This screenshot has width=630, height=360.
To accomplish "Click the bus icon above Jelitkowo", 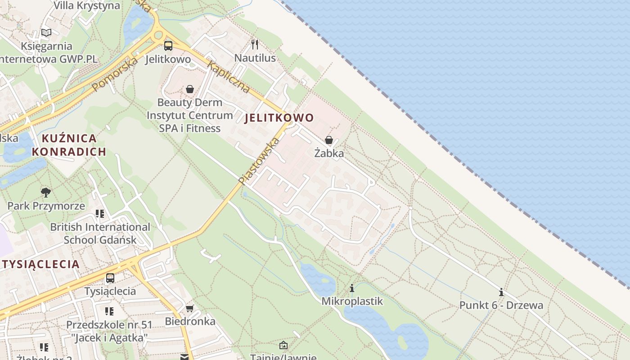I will (168, 45).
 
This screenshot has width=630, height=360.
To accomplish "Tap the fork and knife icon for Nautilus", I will (255, 44).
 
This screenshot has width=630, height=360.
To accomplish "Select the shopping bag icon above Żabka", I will (329, 140).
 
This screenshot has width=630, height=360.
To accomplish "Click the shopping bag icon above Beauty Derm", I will (190, 89).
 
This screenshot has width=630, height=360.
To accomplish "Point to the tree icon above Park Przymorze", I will (45, 193).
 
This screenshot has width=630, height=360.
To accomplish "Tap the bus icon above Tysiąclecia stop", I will (110, 278).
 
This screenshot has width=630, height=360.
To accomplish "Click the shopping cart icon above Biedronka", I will (190, 308).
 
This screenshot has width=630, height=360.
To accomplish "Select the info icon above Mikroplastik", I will (352, 288).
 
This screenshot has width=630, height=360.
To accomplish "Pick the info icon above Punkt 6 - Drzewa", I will (501, 292).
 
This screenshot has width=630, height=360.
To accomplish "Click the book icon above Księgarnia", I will (46, 32).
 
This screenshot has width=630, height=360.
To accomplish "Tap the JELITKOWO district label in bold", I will (279, 118).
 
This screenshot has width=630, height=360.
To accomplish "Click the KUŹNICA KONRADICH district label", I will (69, 145).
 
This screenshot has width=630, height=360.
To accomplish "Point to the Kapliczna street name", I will (228, 77).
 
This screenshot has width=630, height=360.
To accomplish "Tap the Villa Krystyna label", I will (87, 6).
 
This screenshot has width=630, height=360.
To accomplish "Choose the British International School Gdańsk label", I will (100, 233).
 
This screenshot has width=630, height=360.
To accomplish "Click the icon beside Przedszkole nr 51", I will (109, 311).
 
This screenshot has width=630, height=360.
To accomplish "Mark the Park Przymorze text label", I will (46, 206).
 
